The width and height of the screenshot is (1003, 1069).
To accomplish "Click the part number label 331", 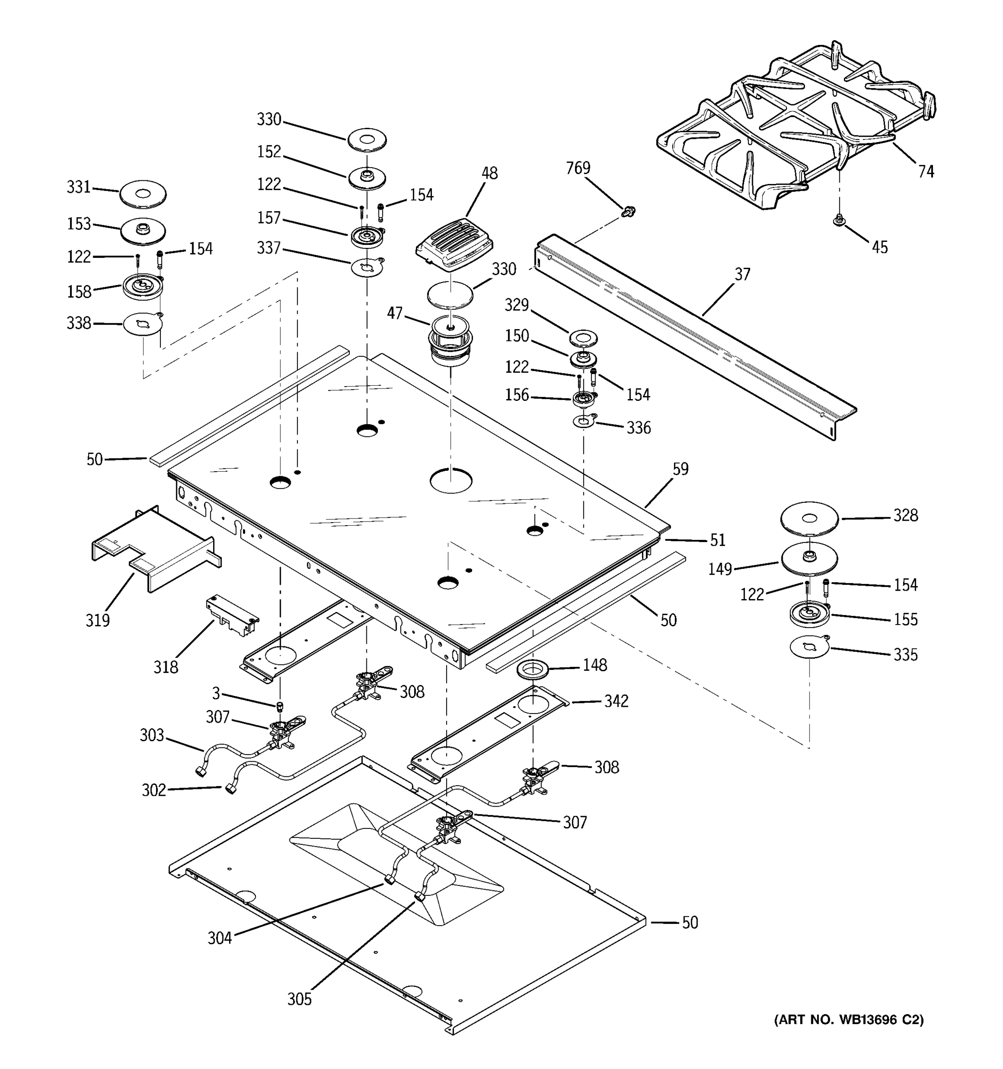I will (78, 187).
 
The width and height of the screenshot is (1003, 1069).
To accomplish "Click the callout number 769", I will (578, 168).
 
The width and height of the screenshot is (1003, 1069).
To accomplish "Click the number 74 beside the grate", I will (926, 171).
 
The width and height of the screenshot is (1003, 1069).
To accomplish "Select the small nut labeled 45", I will (839, 220).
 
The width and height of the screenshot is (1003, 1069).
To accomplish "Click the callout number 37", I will (742, 274).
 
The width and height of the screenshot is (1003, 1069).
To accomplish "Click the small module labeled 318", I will (232, 615).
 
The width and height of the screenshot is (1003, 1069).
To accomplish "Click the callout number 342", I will (616, 701).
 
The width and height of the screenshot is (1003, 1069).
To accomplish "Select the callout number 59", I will (680, 469).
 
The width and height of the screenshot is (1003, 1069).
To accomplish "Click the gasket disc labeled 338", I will (143, 325).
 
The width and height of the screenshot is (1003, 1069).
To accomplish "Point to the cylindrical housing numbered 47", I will (450, 342).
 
